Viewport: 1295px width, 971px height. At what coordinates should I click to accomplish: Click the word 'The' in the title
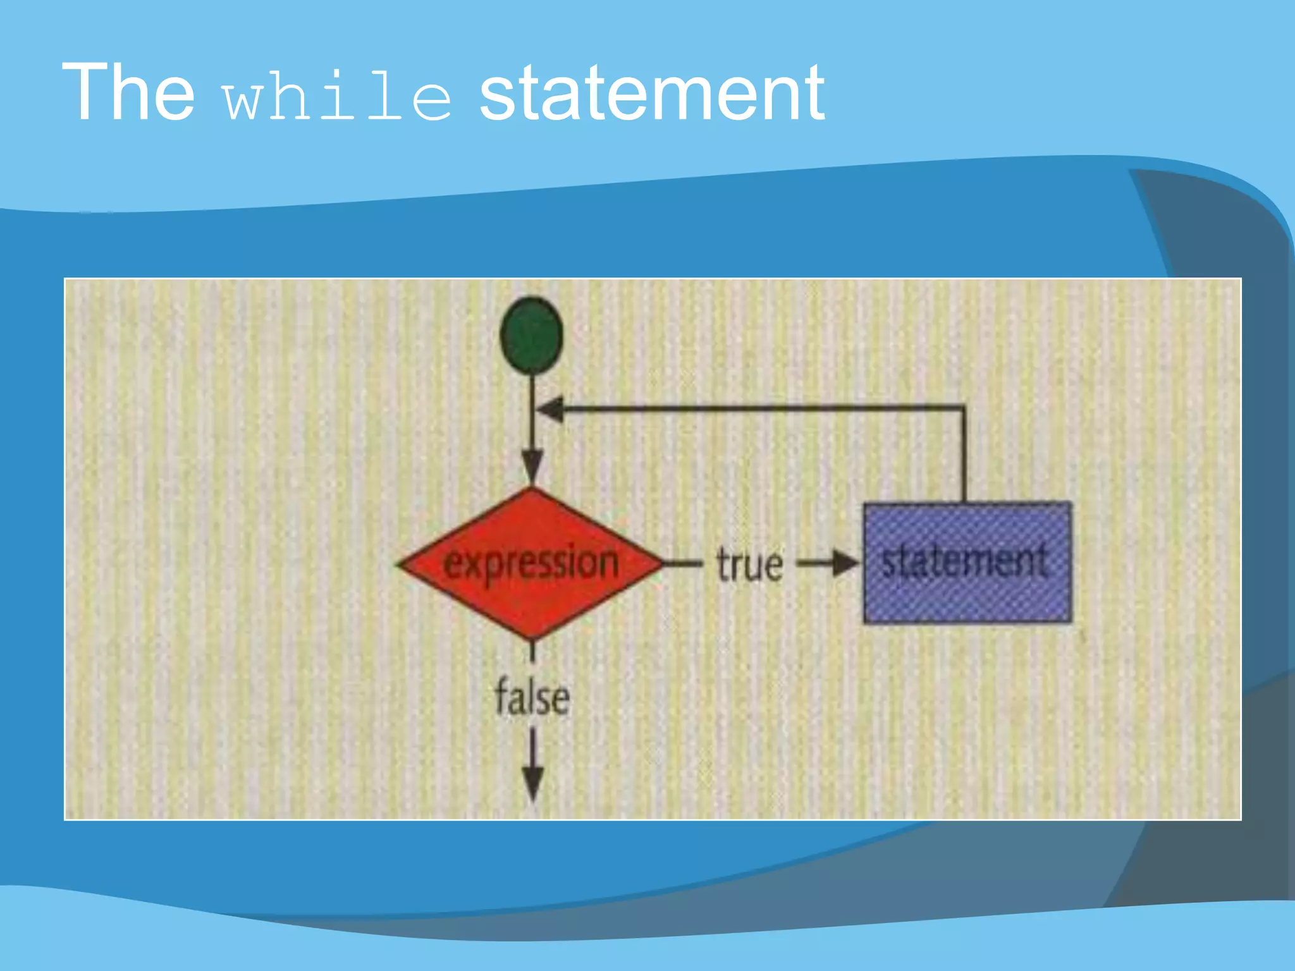pos(128,92)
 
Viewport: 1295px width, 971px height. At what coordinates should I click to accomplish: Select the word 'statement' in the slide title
pos(652,94)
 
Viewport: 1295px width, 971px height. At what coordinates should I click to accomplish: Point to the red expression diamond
pos(530,563)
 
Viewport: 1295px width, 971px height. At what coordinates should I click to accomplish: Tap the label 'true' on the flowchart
pos(749,564)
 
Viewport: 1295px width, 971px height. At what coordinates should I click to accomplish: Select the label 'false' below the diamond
pos(532,697)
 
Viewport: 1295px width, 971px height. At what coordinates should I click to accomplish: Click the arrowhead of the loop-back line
pos(550,409)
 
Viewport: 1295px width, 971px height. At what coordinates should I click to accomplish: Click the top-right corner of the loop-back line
pos(964,408)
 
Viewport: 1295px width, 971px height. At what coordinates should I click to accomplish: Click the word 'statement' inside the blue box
pos(965,561)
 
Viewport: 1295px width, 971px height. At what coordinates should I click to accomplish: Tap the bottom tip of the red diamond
pos(532,637)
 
